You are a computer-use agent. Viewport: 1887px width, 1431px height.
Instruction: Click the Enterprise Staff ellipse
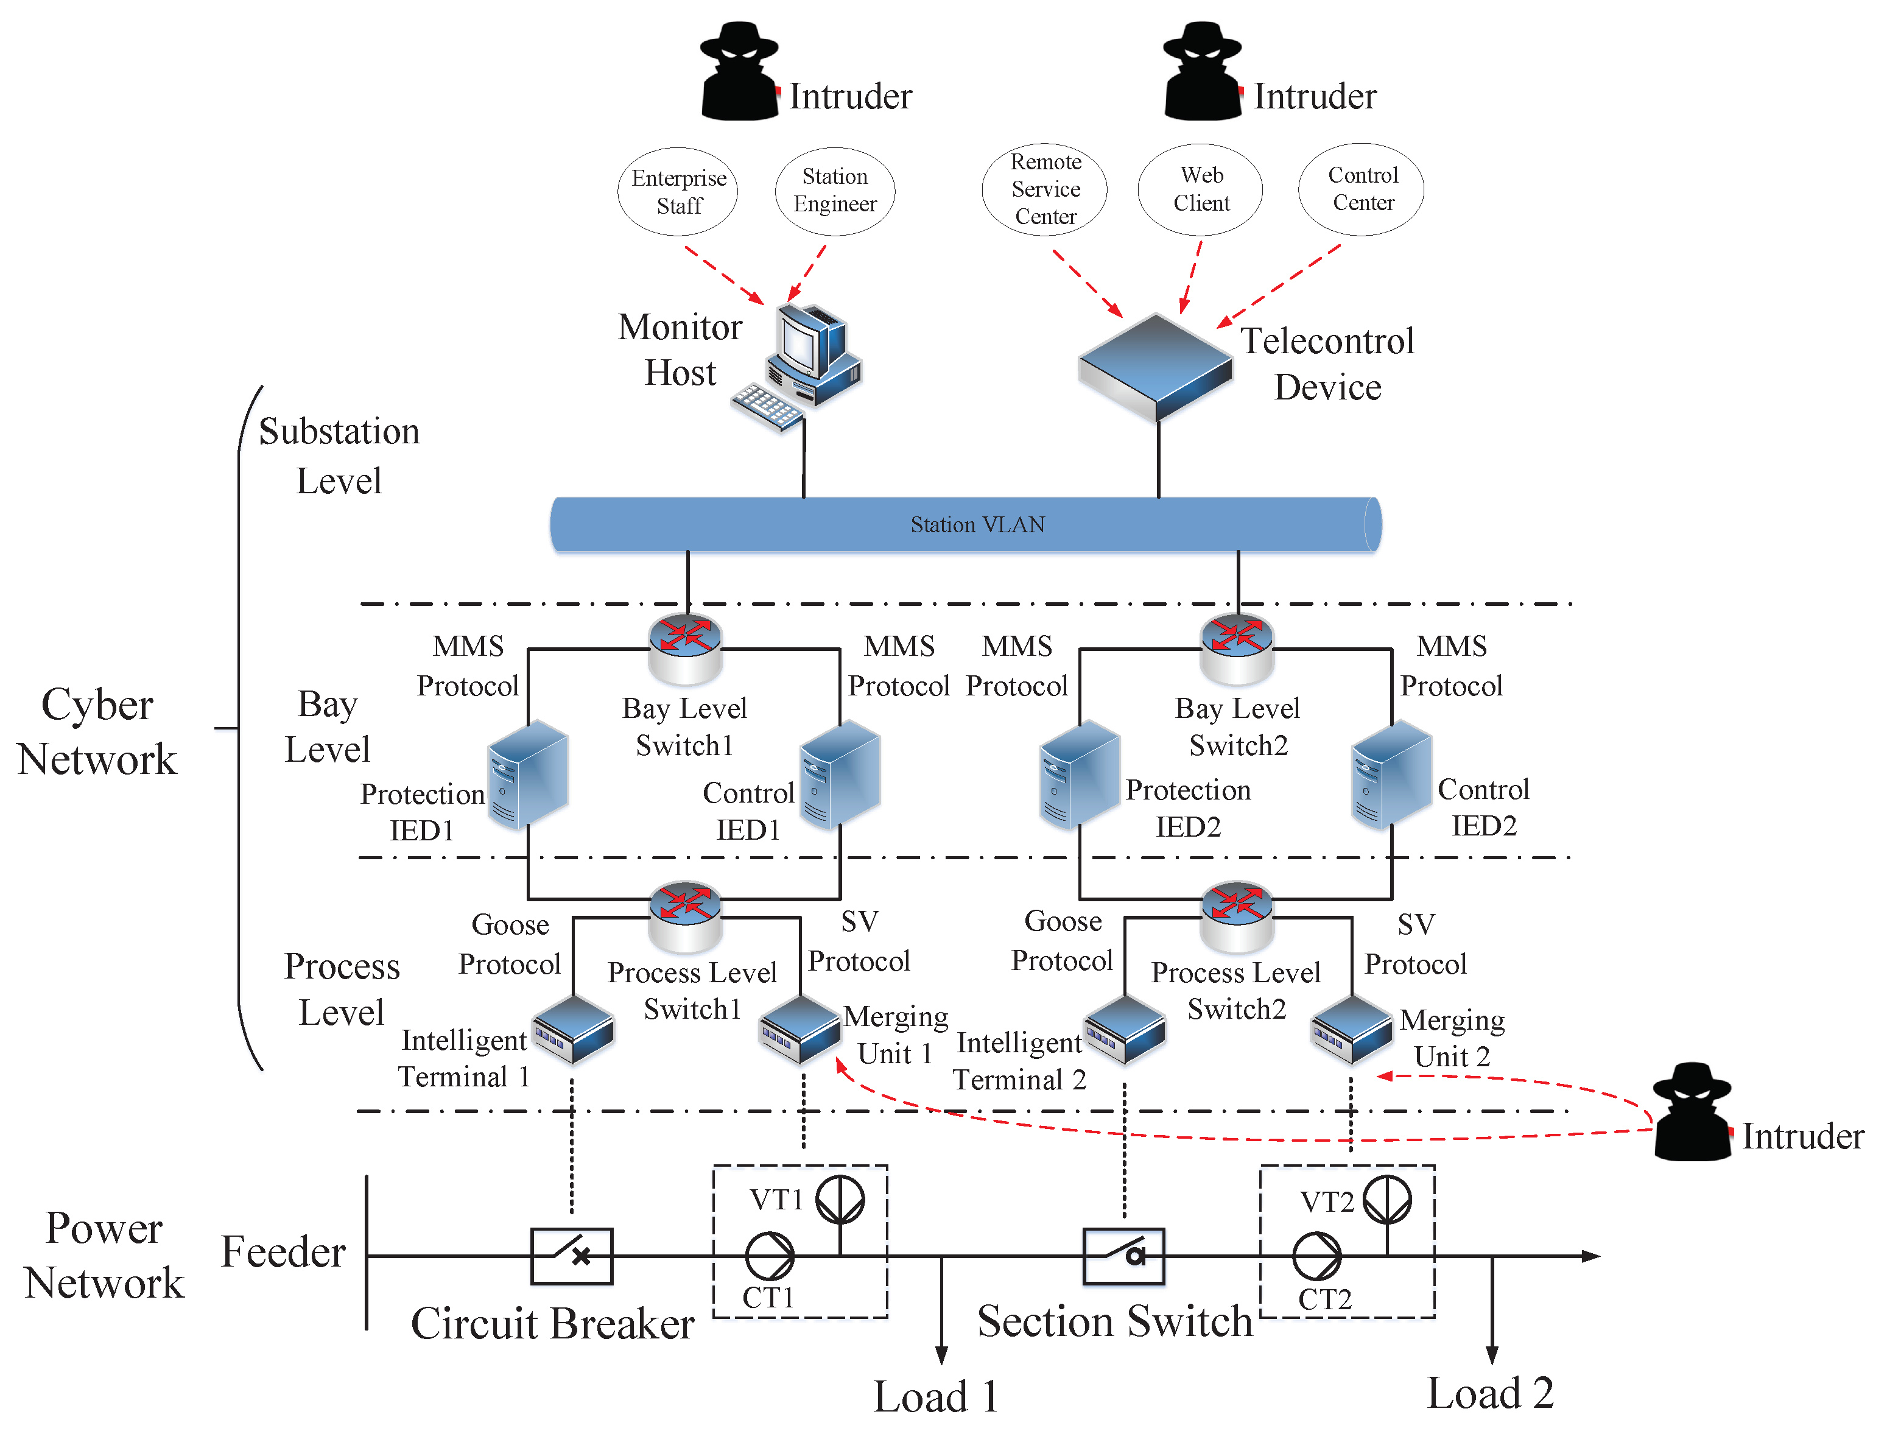[x=677, y=191]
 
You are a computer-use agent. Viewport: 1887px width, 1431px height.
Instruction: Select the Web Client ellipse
[x=1200, y=189]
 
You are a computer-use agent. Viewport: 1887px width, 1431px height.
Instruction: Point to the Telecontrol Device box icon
[x=1155, y=367]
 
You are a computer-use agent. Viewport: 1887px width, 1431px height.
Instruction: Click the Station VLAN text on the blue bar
[x=977, y=524]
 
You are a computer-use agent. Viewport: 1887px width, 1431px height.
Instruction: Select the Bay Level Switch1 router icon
[x=685, y=649]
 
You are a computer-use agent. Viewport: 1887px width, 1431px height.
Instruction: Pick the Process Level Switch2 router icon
[x=1236, y=916]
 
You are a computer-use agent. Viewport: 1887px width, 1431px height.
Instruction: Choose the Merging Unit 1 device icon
[x=800, y=1030]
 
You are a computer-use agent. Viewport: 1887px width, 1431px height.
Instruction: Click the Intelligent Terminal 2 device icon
[x=1125, y=1030]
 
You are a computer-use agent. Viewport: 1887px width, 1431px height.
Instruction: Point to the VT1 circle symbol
[x=840, y=1199]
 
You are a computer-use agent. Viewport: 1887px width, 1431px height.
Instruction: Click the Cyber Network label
[x=96, y=731]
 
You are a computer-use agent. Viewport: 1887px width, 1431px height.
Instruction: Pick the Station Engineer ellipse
[x=834, y=190]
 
